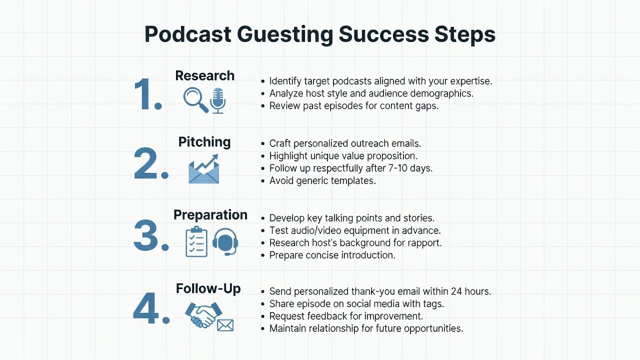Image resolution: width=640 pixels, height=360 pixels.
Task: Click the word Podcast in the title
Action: pos(187,34)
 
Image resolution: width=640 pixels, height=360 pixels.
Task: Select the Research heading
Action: pos(205,75)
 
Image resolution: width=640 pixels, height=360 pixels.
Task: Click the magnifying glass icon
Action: pos(195,99)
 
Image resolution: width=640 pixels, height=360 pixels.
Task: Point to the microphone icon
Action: pos(217,100)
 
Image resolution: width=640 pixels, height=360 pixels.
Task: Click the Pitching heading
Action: pos(204,142)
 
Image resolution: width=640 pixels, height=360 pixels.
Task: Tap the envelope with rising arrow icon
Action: pos(203,169)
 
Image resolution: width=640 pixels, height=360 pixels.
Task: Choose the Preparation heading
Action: pos(210,215)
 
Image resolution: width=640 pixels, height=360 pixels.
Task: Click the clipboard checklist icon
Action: pos(196,241)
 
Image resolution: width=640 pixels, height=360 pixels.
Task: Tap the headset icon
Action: pos(225,241)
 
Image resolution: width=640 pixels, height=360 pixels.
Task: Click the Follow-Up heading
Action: pos(208,288)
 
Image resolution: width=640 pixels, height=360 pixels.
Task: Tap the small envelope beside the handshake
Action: pos(225,325)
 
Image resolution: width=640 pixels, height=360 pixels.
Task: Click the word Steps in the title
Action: pos(465,34)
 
